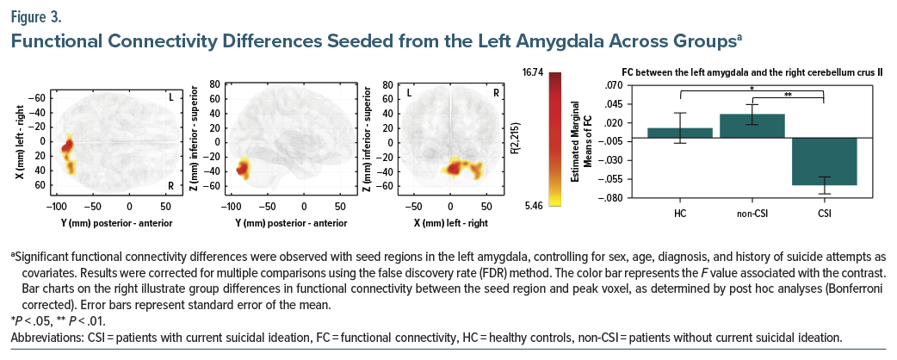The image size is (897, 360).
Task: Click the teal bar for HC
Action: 679,133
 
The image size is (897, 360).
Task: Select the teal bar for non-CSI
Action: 752,126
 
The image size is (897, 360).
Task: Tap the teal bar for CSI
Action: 824,161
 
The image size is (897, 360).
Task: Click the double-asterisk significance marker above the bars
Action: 789,94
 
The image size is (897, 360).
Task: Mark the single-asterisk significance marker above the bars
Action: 752,88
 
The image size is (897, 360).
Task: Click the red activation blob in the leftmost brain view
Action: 67,145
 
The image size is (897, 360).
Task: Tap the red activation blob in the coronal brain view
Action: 451,167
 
